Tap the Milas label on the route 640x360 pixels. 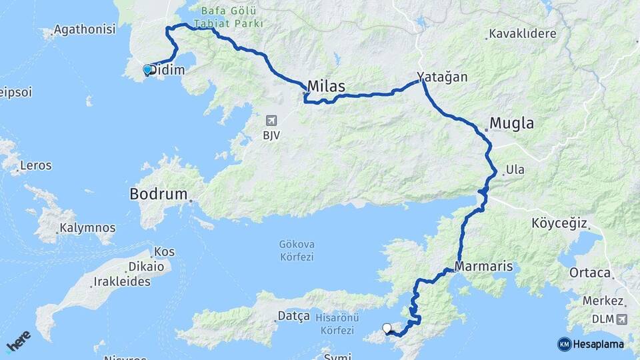pos(327,87)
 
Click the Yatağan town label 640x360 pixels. pos(442,77)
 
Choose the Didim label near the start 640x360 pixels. pos(167,70)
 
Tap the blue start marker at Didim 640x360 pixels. pos(147,69)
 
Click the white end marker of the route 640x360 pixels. pos(387,327)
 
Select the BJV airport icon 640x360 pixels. pos(271,120)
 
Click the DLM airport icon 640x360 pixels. pos(622,319)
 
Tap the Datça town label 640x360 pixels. pos(293,316)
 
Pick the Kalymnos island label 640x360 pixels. pos(87,228)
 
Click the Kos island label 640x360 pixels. pos(164,252)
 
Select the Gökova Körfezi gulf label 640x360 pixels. pos(297,250)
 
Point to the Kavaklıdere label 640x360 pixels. pos(519,33)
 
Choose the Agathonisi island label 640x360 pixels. pos(84,29)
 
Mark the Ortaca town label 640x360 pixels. pos(590,273)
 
